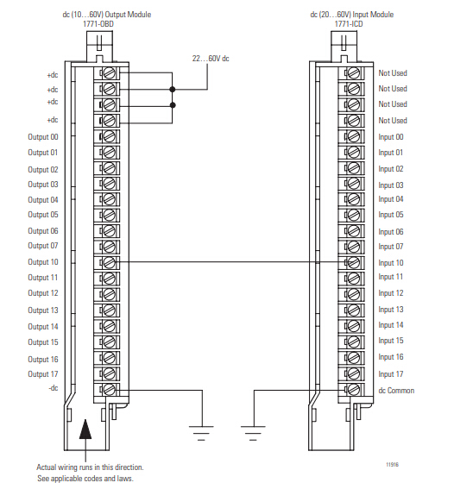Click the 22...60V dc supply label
(x=211, y=59)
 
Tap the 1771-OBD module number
(x=98, y=24)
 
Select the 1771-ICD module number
(x=349, y=24)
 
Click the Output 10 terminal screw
(x=109, y=262)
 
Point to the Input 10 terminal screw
(x=353, y=262)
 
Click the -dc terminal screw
(x=109, y=389)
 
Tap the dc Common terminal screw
(x=353, y=389)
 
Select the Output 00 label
(x=43, y=137)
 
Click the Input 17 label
(x=391, y=373)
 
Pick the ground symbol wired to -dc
(x=201, y=433)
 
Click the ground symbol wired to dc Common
(x=253, y=433)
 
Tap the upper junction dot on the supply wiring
(x=173, y=90)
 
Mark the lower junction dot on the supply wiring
(x=173, y=105)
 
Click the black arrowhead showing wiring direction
(x=85, y=429)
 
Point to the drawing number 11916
(x=392, y=464)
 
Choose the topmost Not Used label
(x=393, y=73)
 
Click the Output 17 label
(x=43, y=373)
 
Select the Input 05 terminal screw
(x=353, y=215)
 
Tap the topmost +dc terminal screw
(x=109, y=73)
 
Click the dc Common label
(x=396, y=391)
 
